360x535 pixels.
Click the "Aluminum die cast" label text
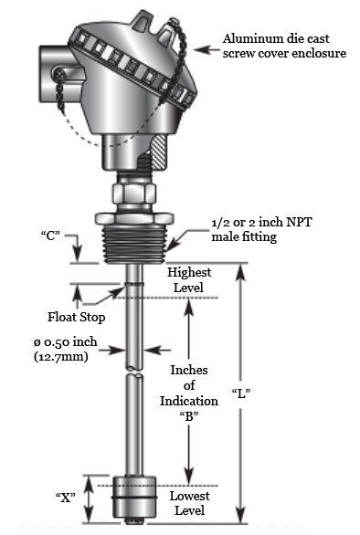click(276, 40)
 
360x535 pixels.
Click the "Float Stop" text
click(76, 318)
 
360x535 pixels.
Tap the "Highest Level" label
click(189, 280)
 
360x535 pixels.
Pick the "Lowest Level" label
click(189, 501)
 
